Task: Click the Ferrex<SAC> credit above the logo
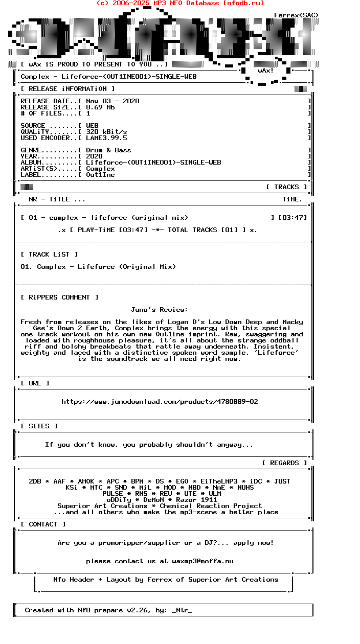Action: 296,15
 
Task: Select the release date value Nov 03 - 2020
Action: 112,101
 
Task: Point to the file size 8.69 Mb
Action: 100,107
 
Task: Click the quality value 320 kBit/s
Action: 106,132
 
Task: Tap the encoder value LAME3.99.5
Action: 106,138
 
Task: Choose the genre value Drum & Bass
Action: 108,150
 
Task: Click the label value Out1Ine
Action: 100,175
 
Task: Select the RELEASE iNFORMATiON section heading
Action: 67,89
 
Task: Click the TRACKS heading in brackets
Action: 286,187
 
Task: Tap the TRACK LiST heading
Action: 49,255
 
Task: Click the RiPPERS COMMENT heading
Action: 59,297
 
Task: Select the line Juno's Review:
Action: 159,310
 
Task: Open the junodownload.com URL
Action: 160,402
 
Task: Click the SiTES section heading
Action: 39,426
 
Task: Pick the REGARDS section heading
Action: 284,463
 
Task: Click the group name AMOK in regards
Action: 86,481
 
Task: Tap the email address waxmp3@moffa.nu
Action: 202,561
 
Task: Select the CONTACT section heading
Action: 43,524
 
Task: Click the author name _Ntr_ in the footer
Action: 182,610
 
